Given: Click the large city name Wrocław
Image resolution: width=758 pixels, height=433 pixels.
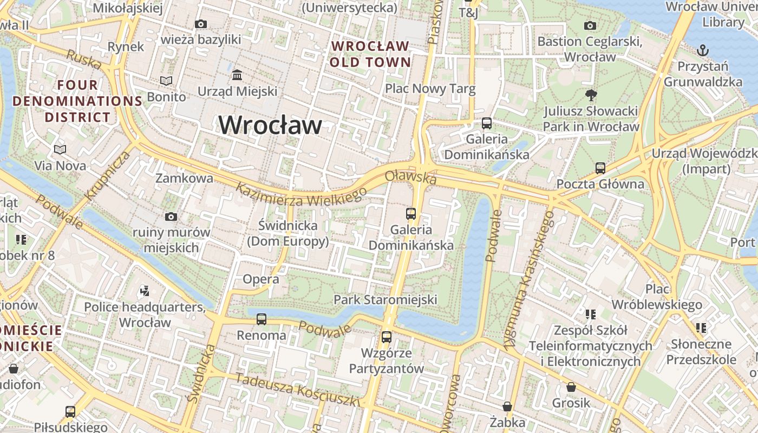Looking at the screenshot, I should click(270, 126).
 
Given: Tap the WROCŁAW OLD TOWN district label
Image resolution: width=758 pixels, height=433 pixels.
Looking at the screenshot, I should click(370, 54).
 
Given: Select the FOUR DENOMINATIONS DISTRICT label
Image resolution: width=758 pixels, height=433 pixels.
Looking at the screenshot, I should click(77, 101).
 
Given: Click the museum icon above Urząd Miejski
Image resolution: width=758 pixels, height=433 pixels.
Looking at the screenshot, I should click(237, 74).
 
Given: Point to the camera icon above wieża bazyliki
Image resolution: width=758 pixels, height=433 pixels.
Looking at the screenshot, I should click(201, 24).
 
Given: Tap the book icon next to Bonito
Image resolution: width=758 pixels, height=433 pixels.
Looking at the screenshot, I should click(166, 81).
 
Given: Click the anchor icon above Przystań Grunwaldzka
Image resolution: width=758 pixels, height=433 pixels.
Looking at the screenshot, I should click(702, 50).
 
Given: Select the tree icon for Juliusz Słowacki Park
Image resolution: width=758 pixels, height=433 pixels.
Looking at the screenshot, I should click(591, 95).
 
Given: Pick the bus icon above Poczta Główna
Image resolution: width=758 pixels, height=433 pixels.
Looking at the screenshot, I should click(600, 168).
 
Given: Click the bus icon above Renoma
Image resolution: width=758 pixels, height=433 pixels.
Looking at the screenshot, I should click(262, 319).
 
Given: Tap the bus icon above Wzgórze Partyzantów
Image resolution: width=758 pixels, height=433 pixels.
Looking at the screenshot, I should click(387, 337).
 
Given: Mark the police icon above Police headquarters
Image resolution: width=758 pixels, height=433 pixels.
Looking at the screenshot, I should click(144, 291).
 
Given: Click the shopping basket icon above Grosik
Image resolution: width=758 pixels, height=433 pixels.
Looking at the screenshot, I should click(571, 387).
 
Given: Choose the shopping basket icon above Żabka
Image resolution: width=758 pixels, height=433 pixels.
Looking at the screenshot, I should click(507, 406).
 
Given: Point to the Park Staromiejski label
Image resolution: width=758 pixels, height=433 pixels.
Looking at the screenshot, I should click(385, 299).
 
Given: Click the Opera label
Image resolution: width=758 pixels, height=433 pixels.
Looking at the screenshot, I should click(261, 279).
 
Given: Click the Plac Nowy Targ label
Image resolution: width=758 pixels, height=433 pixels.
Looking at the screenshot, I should click(430, 88).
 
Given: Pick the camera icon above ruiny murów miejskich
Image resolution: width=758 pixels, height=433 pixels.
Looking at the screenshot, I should click(171, 216).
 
